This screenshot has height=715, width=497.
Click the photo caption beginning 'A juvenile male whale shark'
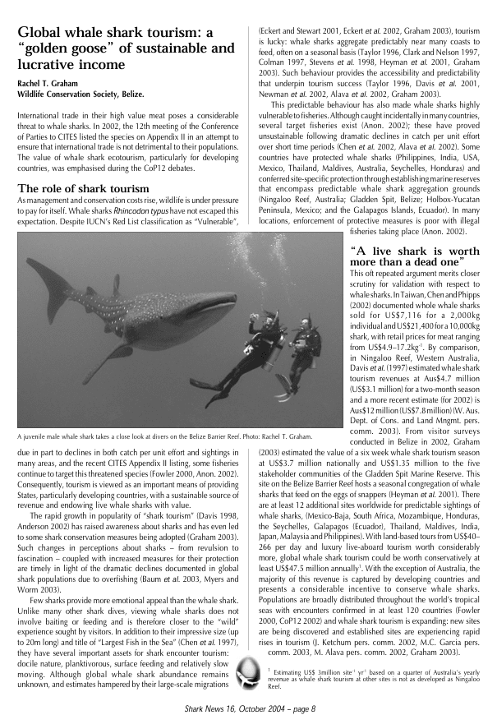[163, 436]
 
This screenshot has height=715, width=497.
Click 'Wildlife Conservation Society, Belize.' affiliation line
[70, 95]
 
